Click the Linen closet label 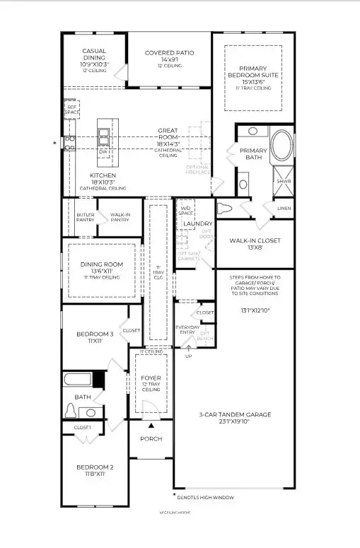284,208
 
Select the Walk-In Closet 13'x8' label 255,240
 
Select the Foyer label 151,378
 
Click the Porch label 151,438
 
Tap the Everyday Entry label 188,330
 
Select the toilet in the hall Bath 71,410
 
